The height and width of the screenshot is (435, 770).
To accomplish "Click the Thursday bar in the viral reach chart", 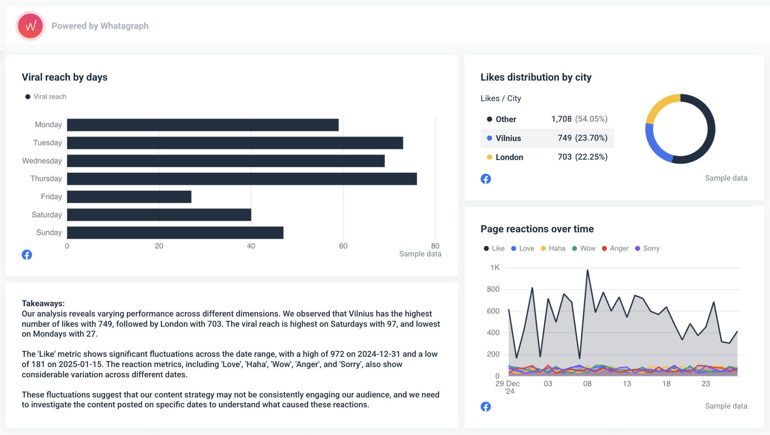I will tap(242, 179).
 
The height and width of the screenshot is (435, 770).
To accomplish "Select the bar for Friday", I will tap(129, 197).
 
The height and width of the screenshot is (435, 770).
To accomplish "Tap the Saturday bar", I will tap(159, 215).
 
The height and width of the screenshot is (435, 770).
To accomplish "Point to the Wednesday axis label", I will tap(42, 161).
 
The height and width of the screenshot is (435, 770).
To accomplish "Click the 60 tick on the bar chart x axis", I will tap(343, 246).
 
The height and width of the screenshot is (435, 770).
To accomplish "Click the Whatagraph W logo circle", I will tap(30, 26).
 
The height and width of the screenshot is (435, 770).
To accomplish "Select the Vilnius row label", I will tap(508, 138).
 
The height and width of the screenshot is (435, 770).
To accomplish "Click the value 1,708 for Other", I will tap(561, 119).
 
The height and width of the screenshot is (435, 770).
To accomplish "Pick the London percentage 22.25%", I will tap(591, 157).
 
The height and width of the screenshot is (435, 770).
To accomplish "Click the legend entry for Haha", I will tap(557, 248).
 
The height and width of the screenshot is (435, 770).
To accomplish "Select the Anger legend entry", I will tap(619, 248).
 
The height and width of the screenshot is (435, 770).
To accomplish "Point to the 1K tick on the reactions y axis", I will tap(495, 267).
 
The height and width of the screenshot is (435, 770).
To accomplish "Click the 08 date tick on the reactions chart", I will tap(587, 384).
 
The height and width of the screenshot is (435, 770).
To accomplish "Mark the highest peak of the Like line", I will tap(587, 271).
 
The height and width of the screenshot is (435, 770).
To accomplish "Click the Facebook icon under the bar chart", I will tap(27, 255).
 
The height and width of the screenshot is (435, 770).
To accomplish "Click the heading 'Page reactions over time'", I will tap(537, 229).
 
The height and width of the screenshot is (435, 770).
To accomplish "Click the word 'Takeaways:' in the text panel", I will tap(43, 303).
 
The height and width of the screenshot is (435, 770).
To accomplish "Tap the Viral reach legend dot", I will tap(28, 97).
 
